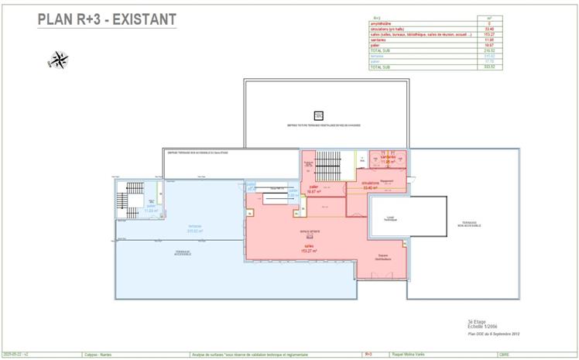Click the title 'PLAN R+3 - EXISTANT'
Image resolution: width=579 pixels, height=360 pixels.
107,19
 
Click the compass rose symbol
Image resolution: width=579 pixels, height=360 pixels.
59,59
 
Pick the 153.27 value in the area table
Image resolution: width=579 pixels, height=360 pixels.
488,34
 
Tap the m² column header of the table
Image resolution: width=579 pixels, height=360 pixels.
488,18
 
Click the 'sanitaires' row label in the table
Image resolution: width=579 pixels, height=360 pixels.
380,39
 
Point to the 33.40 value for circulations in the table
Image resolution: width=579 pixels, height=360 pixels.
488,29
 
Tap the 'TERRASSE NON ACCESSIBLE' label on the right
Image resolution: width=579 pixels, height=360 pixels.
468,225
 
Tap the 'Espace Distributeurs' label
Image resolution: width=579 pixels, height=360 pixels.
383,257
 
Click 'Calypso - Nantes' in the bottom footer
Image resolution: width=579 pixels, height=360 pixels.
99,355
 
